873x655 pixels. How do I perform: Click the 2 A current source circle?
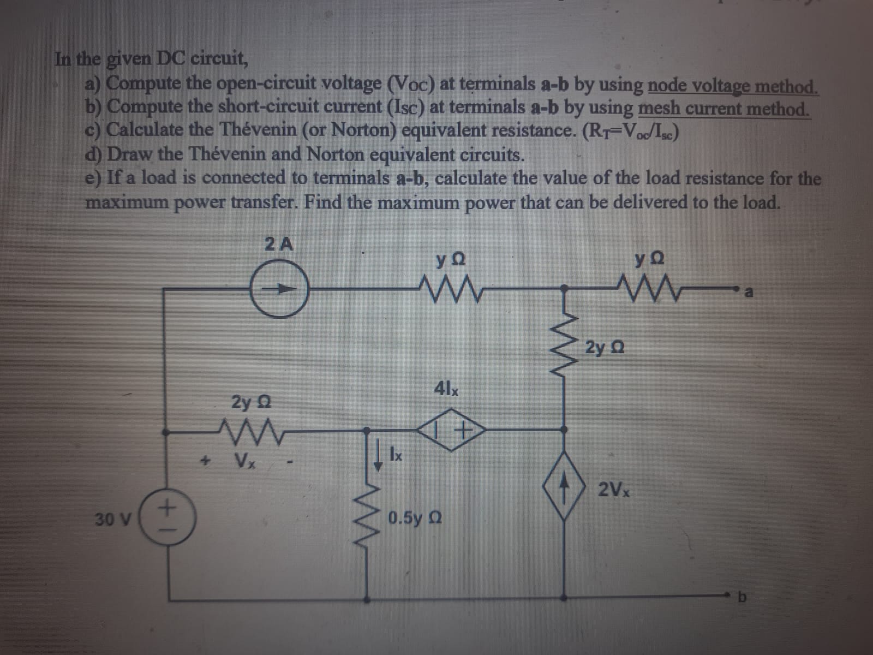(x=280, y=289)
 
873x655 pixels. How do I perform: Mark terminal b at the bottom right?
(x=741, y=597)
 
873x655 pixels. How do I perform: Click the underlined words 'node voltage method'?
(x=732, y=86)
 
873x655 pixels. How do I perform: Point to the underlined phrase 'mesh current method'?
(x=723, y=109)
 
